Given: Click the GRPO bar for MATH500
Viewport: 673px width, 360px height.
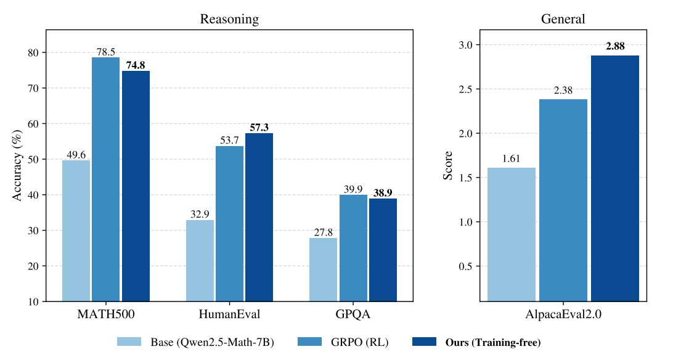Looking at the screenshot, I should click(x=105, y=179).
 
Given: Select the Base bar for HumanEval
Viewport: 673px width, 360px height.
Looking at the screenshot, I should click(x=200, y=260).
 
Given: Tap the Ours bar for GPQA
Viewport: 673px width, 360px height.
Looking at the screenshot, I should click(x=383, y=250).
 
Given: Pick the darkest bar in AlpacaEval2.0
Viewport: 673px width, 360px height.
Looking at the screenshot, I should click(x=614, y=178).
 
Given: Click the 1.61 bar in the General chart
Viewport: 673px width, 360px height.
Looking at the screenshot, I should click(x=511, y=234).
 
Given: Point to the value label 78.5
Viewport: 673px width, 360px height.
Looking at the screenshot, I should click(x=105, y=52).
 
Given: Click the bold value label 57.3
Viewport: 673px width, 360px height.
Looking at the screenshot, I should click(x=259, y=128).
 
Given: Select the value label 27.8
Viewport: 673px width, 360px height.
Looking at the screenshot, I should click(x=323, y=232).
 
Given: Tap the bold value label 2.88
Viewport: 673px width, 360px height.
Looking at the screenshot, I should click(x=614, y=47).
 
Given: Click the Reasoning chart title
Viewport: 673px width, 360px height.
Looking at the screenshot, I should click(x=229, y=19).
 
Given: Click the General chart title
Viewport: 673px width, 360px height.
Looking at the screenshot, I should click(x=563, y=19).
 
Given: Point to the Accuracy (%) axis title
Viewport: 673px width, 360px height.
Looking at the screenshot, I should click(x=18, y=165).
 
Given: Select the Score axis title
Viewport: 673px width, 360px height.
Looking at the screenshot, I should click(x=448, y=165).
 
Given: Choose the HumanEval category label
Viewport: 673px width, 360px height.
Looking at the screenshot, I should click(x=229, y=314).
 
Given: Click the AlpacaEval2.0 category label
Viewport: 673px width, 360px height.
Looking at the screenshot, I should click(x=563, y=314).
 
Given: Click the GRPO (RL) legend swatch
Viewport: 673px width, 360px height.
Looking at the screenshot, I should click(x=311, y=342).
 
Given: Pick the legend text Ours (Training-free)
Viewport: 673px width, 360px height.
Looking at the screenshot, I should click(x=493, y=342).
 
